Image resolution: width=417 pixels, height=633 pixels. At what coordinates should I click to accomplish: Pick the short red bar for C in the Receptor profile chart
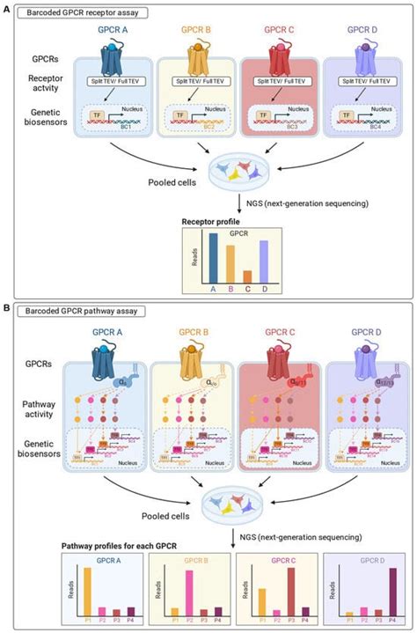[x=246, y=275]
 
